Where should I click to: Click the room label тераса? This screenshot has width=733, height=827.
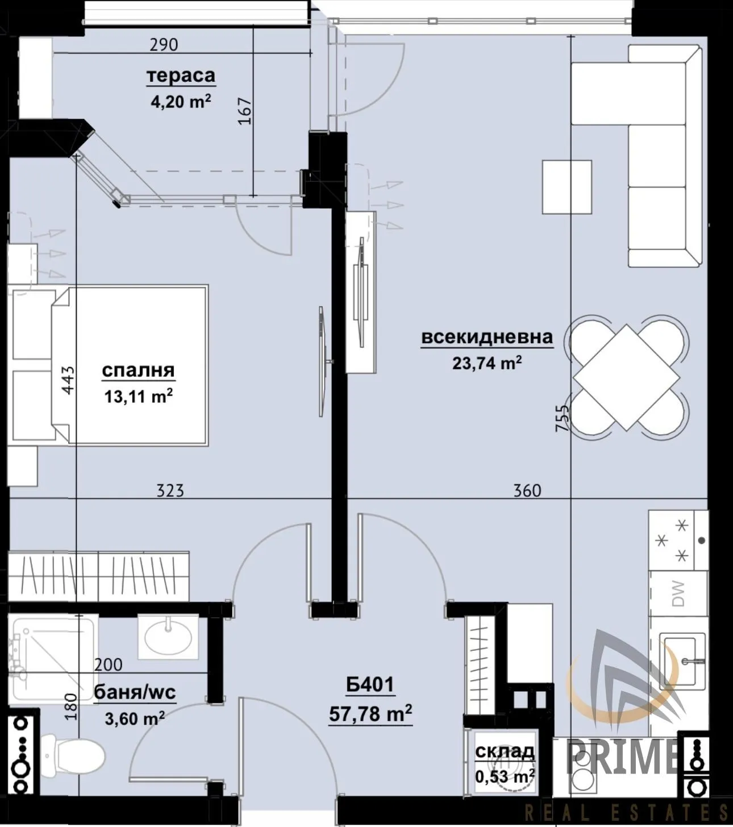click(181, 76)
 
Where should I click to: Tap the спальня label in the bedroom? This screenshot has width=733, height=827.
click(138, 370)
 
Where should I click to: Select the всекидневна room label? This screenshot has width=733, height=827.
click(487, 337)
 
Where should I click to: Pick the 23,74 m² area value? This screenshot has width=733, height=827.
click(487, 363)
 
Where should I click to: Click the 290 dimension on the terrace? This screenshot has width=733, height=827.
click(164, 44)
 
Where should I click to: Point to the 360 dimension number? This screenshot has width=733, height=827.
click(527, 491)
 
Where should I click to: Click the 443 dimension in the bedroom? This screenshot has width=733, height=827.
click(68, 380)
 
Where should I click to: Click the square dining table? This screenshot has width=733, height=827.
click(626, 377)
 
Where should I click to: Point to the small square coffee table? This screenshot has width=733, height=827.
click(567, 186)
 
